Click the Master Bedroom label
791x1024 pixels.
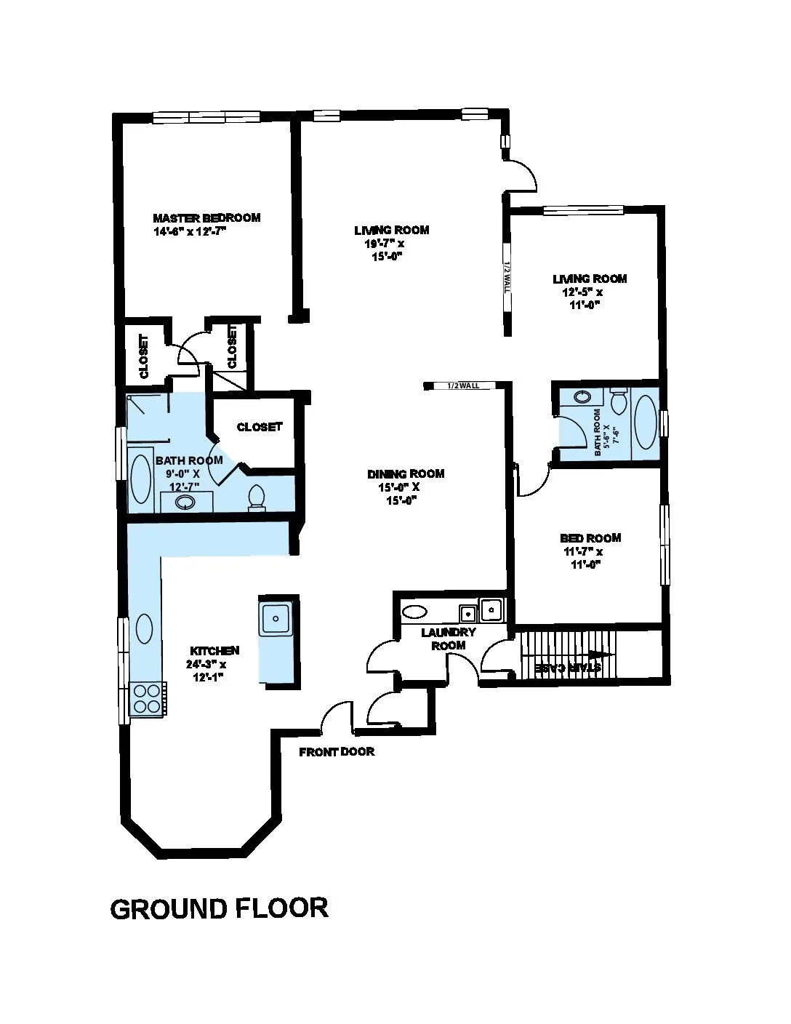[206, 217]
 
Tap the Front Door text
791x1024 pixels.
[337, 751]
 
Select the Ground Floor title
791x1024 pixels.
[219, 908]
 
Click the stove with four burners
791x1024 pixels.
[147, 699]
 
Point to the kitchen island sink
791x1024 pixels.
[276, 618]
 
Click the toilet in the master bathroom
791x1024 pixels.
[257, 497]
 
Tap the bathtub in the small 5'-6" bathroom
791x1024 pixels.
[645, 422]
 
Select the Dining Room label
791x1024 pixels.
[406, 473]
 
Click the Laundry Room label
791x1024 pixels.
[449, 639]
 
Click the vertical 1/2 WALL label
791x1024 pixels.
[507, 276]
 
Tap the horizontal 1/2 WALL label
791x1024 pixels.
[463, 385]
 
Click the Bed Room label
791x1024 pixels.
[590, 537]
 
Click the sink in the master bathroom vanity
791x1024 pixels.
[185, 503]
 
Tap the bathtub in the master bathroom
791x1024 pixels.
[140, 479]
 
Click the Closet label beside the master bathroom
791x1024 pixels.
[260, 427]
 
